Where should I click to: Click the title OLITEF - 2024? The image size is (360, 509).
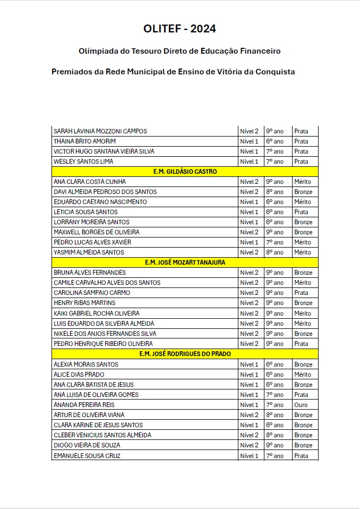(179, 29)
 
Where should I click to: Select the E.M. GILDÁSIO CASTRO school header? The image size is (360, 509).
(185, 172)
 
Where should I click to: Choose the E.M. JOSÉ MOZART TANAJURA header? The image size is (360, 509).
(185, 262)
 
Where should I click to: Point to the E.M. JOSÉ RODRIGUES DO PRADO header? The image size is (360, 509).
(185, 354)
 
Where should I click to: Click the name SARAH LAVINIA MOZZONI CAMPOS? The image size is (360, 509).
(100, 131)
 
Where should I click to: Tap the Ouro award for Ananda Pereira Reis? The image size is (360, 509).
(301, 405)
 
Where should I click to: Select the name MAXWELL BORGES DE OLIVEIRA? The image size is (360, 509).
(97, 232)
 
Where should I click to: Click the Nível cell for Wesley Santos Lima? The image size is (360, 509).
(249, 162)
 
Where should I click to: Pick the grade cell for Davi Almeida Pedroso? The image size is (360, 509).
(275, 192)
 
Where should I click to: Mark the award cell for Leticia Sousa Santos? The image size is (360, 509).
(301, 212)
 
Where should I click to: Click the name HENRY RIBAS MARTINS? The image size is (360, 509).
(84, 303)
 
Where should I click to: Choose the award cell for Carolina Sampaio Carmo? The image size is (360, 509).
(301, 293)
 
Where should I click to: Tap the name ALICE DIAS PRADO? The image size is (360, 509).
(79, 375)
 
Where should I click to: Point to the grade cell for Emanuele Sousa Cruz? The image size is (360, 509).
(275, 456)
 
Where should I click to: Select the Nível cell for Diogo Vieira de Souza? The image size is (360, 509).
(249, 445)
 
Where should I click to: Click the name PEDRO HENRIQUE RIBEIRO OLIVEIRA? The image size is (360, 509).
(103, 344)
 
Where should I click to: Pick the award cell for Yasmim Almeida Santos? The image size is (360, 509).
(303, 252)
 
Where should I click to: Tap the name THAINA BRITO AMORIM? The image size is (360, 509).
(84, 141)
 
